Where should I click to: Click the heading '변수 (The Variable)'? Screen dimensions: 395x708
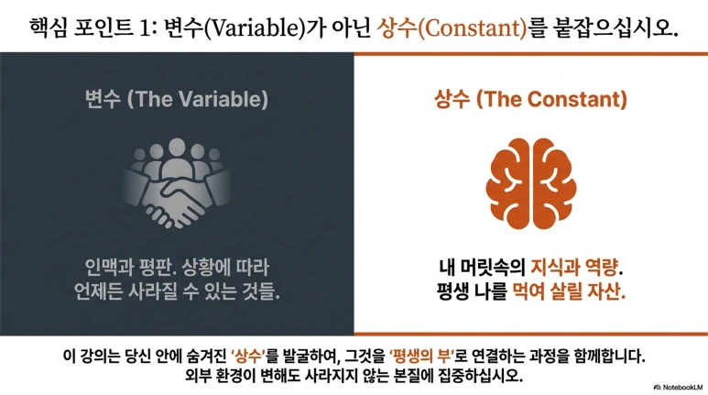pyautogui.click(x=177, y=98)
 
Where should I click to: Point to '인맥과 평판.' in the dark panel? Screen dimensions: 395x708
pyautogui.click(x=125, y=269)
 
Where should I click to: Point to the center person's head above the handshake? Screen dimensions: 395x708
pyautogui.click(x=177, y=147)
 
